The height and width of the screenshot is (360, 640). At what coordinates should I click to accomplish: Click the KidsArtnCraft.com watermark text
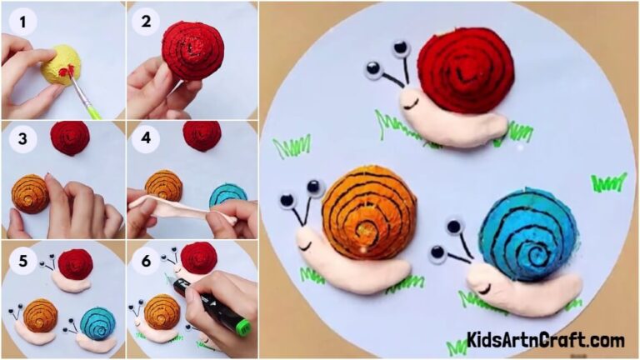[546, 340]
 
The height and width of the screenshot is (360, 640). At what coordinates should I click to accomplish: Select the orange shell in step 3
[30, 193]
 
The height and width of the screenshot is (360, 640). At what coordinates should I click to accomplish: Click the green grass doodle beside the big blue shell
[608, 182]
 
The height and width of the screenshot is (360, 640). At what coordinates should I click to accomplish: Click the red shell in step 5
[76, 263]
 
